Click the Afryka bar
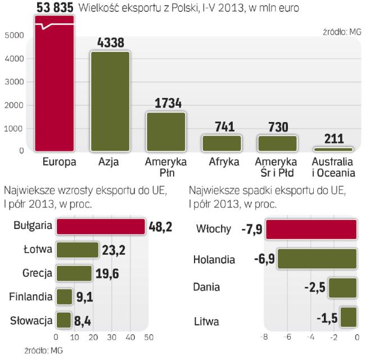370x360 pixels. [221, 143]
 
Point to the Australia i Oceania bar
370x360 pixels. [332, 149]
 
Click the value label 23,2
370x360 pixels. [114, 250]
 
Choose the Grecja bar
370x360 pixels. [74, 273]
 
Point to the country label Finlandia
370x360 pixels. [31, 296]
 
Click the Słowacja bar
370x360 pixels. [64, 321]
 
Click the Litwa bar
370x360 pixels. [348, 316]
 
